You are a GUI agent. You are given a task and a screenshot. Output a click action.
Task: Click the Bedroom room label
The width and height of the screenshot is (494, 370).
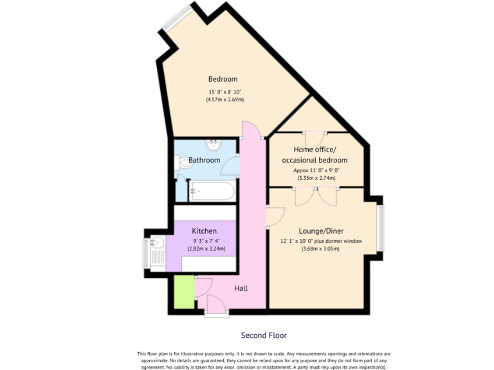click(223, 79)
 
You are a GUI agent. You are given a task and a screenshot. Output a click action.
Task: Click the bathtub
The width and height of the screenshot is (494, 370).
click(212, 190)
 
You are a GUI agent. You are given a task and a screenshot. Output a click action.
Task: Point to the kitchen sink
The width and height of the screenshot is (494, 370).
click(156, 244)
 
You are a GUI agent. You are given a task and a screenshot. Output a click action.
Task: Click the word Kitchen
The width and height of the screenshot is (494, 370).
click(204, 231)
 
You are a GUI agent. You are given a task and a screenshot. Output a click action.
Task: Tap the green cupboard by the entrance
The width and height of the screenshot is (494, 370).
click(184, 292)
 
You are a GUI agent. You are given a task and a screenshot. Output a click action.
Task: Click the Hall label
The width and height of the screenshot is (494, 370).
click(241, 288)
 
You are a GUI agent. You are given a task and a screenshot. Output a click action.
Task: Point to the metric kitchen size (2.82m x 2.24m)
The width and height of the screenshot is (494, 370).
click(206, 249)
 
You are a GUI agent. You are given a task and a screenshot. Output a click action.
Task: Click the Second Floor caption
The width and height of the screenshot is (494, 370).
click(264, 335)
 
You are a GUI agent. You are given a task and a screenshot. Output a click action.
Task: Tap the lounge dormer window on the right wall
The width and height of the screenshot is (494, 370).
click(381, 227)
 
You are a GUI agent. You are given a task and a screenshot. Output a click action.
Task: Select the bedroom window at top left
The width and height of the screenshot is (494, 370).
click(177, 19)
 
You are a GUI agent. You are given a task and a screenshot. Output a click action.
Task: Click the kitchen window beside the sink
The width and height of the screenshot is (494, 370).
click(146, 253)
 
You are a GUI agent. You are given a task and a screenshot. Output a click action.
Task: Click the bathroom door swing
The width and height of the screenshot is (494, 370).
click(229, 166)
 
